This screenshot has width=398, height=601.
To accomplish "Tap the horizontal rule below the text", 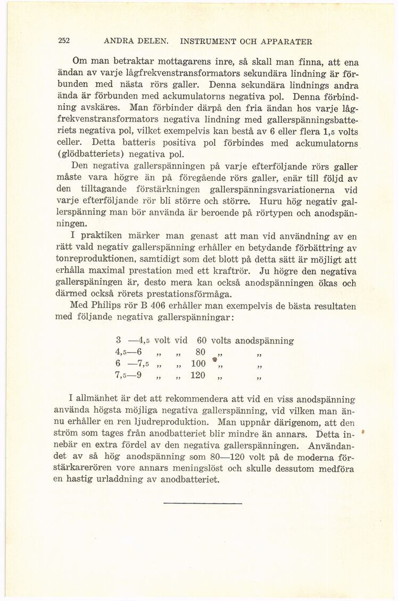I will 203,503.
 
